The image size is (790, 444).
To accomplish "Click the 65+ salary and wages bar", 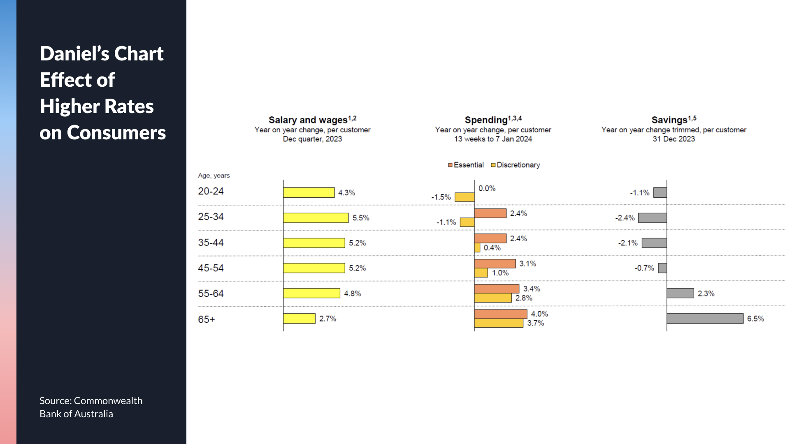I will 299,319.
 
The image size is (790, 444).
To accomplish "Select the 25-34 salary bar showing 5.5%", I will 316,218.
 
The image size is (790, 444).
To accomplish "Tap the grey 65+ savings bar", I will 705,319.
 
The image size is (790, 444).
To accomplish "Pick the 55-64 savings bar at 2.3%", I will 680,293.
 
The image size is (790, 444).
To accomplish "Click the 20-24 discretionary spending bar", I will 465,197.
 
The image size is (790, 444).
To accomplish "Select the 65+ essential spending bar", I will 500,314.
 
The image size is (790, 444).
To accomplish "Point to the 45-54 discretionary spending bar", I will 481,273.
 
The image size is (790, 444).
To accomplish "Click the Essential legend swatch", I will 450,165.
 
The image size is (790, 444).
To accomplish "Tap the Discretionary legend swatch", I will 493,165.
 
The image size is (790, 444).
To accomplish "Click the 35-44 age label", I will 211,243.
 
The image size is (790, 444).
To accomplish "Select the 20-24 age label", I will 211,192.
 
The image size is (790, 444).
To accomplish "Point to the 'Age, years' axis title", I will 214,176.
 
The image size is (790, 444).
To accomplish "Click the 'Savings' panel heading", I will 669,120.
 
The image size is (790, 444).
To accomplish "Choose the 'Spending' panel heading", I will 486,120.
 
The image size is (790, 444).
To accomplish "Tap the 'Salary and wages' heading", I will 308,120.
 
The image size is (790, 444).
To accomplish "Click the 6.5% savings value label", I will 755,319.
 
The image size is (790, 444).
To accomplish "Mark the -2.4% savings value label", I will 625,218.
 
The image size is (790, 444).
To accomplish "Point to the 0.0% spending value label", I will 487,188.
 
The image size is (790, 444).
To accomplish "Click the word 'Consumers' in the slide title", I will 116,133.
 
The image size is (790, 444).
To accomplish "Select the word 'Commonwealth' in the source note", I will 108,401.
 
